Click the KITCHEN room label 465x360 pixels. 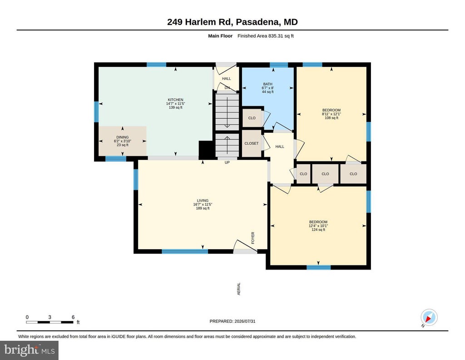(176, 100)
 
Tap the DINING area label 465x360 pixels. (123, 137)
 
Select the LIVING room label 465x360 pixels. (203, 200)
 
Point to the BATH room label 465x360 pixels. (267, 84)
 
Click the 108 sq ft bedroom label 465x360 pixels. (331, 110)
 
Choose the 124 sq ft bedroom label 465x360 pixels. (318, 222)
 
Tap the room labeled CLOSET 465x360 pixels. (252, 143)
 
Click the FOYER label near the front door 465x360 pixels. (253, 238)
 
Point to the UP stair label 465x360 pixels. (227, 163)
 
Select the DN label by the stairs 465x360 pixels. (227, 88)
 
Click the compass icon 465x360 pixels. (429, 317)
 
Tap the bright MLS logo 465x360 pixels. (30, 350)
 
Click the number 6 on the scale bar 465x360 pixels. (73, 317)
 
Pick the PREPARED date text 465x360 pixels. (232, 321)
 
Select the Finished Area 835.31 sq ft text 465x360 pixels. (265, 36)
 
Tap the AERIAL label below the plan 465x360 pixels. (239, 289)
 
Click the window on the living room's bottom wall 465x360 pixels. (185, 251)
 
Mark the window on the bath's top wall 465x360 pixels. (279, 65)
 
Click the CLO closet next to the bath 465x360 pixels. (252, 118)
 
